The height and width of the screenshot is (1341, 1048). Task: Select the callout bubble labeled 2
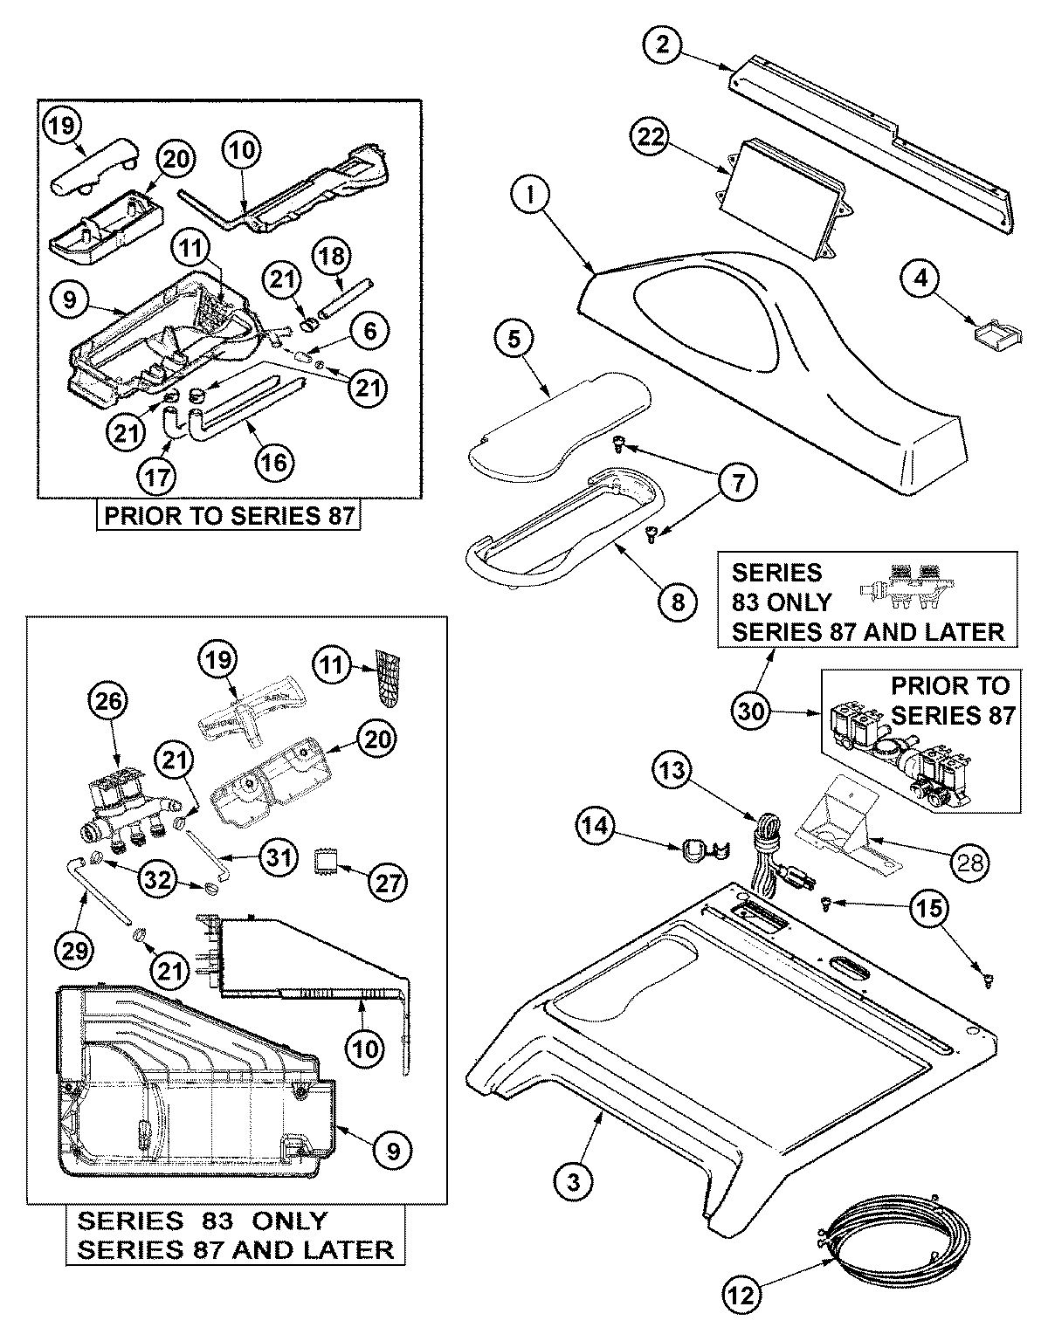(663, 44)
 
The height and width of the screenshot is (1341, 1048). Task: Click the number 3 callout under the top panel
(574, 1183)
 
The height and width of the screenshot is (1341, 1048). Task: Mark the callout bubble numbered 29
(75, 951)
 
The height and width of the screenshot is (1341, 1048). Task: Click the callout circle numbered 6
(370, 331)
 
